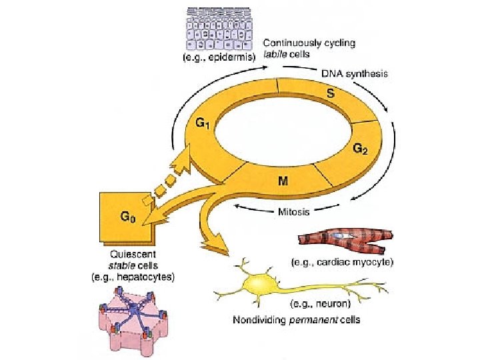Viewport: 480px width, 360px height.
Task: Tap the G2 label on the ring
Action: pos(360,150)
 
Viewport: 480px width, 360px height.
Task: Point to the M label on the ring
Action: pos(283,181)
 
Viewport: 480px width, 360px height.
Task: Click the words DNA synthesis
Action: pos(355,74)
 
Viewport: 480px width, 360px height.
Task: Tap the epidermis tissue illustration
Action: pos(217,28)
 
